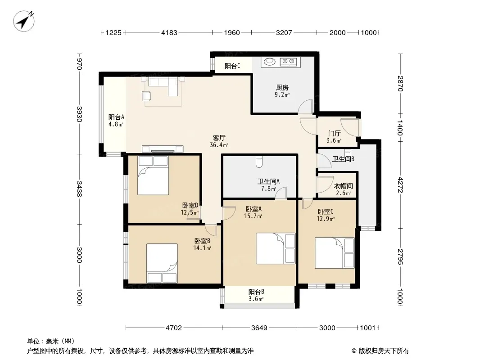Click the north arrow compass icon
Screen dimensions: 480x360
pos(24,21)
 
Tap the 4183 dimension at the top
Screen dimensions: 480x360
pos(169,32)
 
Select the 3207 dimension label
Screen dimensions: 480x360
pos(284,32)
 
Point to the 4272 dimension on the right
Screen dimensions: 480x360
pos(400,185)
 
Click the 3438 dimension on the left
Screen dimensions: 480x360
pos(79,189)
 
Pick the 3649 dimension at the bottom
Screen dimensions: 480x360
pos(259,328)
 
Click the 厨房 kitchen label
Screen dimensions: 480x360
pos(282,88)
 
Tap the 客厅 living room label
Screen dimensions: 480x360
pos(219,138)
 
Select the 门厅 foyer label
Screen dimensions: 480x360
pos(334,133)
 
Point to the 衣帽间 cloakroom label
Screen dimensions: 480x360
pos(343,186)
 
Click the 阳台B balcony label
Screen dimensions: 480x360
pos(256,292)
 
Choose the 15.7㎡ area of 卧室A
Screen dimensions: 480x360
pos(253,216)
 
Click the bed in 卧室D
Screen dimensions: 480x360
pos(153,175)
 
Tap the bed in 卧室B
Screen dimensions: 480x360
pos(162,263)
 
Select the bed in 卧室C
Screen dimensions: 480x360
pos(335,253)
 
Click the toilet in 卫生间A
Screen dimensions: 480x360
pos(259,162)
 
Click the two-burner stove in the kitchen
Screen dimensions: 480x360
pos(288,62)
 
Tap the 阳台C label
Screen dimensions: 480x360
pos(232,66)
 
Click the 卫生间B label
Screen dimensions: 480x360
pos(343,159)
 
